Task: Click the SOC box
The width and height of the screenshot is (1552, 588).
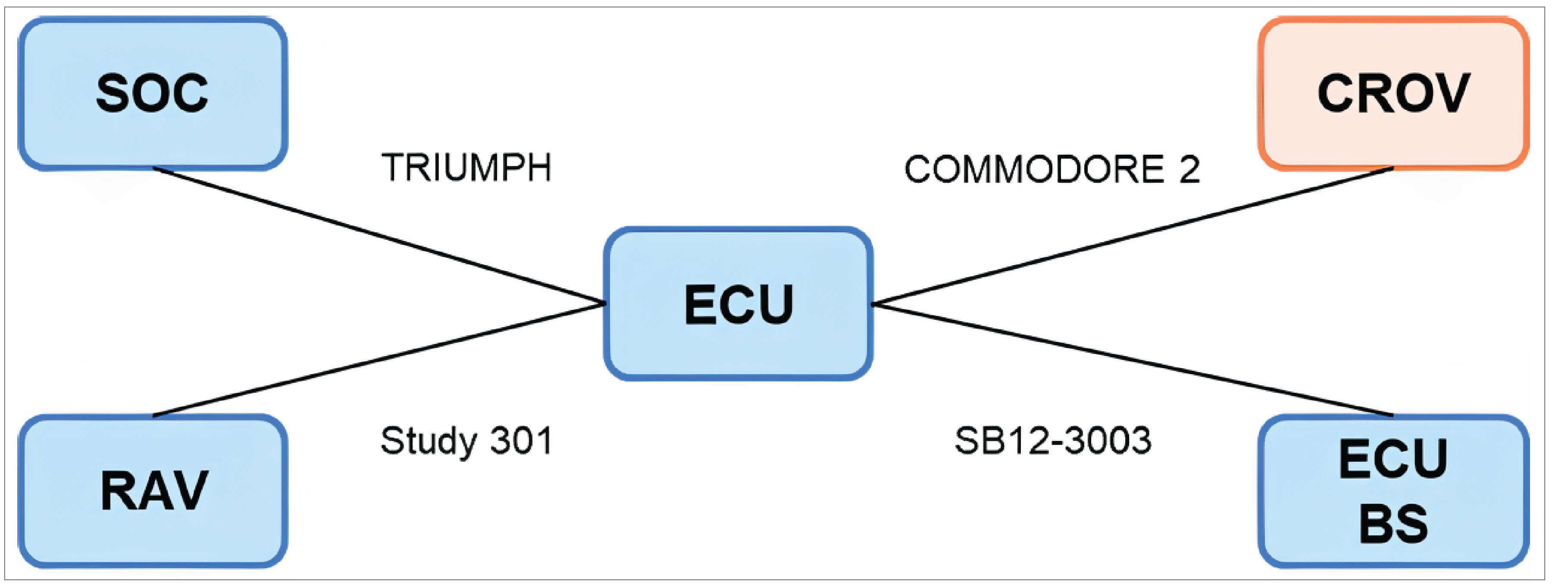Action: (x=153, y=94)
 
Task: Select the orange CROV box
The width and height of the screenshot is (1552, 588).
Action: (x=1393, y=94)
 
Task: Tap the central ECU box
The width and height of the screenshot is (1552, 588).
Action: (x=738, y=304)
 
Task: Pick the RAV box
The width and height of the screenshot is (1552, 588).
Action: (x=153, y=491)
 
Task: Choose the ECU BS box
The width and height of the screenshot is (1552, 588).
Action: (x=1393, y=491)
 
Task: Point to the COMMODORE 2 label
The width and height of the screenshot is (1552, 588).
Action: (x=1052, y=169)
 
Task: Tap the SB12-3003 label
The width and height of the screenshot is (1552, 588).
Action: (x=1052, y=441)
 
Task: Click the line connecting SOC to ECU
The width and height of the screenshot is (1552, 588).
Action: (x=379, y=235)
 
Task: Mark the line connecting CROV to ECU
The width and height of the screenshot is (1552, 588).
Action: (x=1133, y=235)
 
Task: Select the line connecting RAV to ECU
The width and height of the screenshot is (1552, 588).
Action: (x=379, y=360)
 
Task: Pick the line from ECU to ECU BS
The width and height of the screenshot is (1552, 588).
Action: (x=1133, y=360)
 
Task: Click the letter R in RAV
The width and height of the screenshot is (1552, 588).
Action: (x=119, y=491)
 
